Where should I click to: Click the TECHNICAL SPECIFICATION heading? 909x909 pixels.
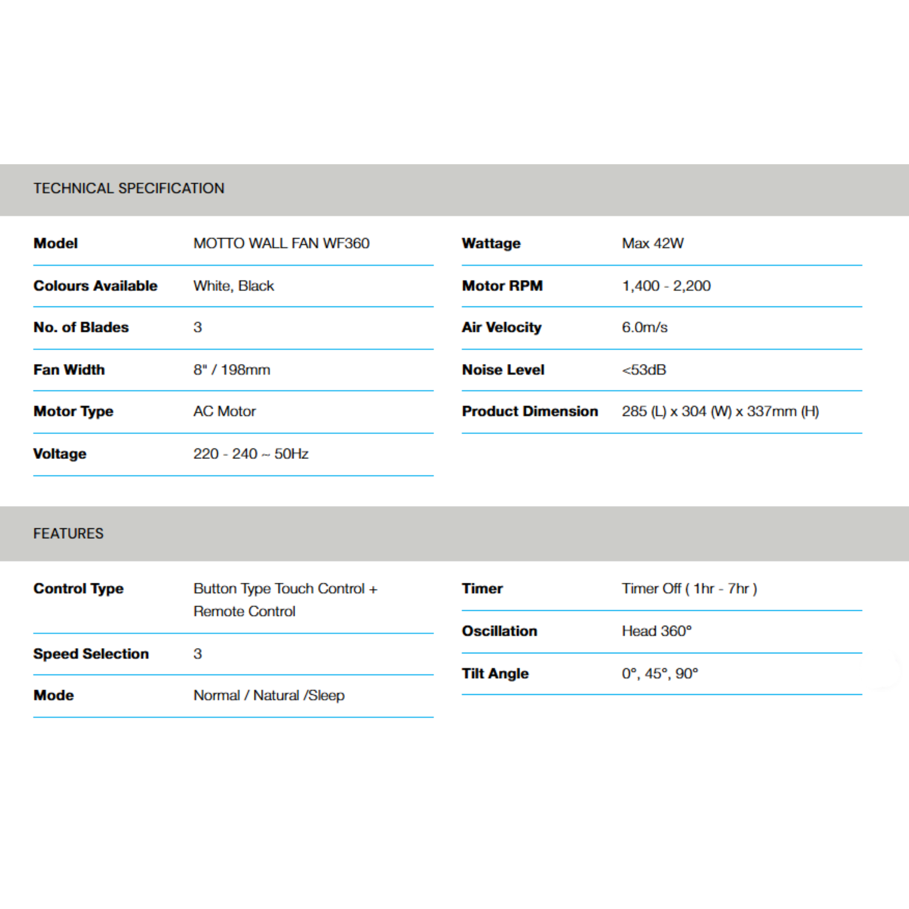point(128,188)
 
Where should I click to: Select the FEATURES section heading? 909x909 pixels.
point(68,534)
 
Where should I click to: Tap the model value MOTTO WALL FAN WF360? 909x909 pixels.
point(281,243)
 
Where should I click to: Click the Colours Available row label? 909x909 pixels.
point(95,285)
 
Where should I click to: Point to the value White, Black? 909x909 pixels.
point(233,285)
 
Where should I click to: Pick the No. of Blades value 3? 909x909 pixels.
point(198,327)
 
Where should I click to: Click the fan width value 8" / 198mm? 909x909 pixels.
point(232,370)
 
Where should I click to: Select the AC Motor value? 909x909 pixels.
point(225,411)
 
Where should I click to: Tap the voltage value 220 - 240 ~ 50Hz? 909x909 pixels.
point(251,454)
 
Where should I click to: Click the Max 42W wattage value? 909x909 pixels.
point(652,243)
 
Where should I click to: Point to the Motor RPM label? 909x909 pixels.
point(502,285)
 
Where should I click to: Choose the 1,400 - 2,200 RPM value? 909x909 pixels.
point(666,285)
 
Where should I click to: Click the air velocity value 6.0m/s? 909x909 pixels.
point(644,327)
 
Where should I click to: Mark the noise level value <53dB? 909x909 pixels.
point(644,370)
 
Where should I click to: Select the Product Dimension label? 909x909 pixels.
point(530,411)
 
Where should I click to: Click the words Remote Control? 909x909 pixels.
point(244,611)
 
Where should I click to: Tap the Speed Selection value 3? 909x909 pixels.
point(198,653)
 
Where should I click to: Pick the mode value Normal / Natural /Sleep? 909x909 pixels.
point(269,696)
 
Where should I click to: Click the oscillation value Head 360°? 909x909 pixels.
point(656,631)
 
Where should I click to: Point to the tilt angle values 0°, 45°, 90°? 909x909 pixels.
point(660,673)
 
